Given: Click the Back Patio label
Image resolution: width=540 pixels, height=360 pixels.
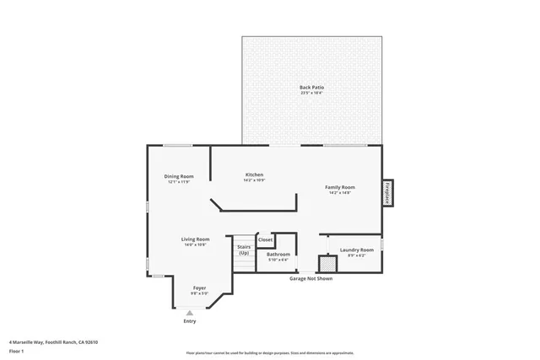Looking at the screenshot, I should [311, 87].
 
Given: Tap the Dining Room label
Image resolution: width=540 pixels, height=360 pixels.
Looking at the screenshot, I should [179, 176].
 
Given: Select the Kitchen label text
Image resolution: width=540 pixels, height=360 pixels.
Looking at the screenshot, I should [254, 174].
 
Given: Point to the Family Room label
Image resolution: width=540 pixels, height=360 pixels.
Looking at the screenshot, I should [341, 187].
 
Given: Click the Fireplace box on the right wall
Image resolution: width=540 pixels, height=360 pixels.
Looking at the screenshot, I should [387, 193].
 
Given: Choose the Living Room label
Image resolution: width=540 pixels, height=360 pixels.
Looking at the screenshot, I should [195, 239].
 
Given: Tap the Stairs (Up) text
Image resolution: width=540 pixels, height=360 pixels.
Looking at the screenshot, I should [244, 250].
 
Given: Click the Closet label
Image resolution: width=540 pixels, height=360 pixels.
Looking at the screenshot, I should [265, 239].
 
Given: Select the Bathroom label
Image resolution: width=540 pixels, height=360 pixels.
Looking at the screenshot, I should [278, 254].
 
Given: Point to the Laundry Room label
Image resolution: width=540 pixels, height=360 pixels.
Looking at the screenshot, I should [356, 250].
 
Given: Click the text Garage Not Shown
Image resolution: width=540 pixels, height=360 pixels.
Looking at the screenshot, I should [310, 278].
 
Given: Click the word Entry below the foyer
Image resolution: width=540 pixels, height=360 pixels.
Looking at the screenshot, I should [189, 321].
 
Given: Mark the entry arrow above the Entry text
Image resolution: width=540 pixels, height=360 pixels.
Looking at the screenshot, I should [189, 313].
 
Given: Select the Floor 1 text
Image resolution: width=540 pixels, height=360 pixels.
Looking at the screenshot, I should [16, 351].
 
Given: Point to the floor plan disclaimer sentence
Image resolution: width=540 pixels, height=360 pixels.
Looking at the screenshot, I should [269, 352].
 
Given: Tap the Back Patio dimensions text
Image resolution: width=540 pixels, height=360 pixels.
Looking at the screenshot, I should [311, 93].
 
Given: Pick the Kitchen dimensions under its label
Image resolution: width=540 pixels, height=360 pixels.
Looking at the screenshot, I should [254, 180].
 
